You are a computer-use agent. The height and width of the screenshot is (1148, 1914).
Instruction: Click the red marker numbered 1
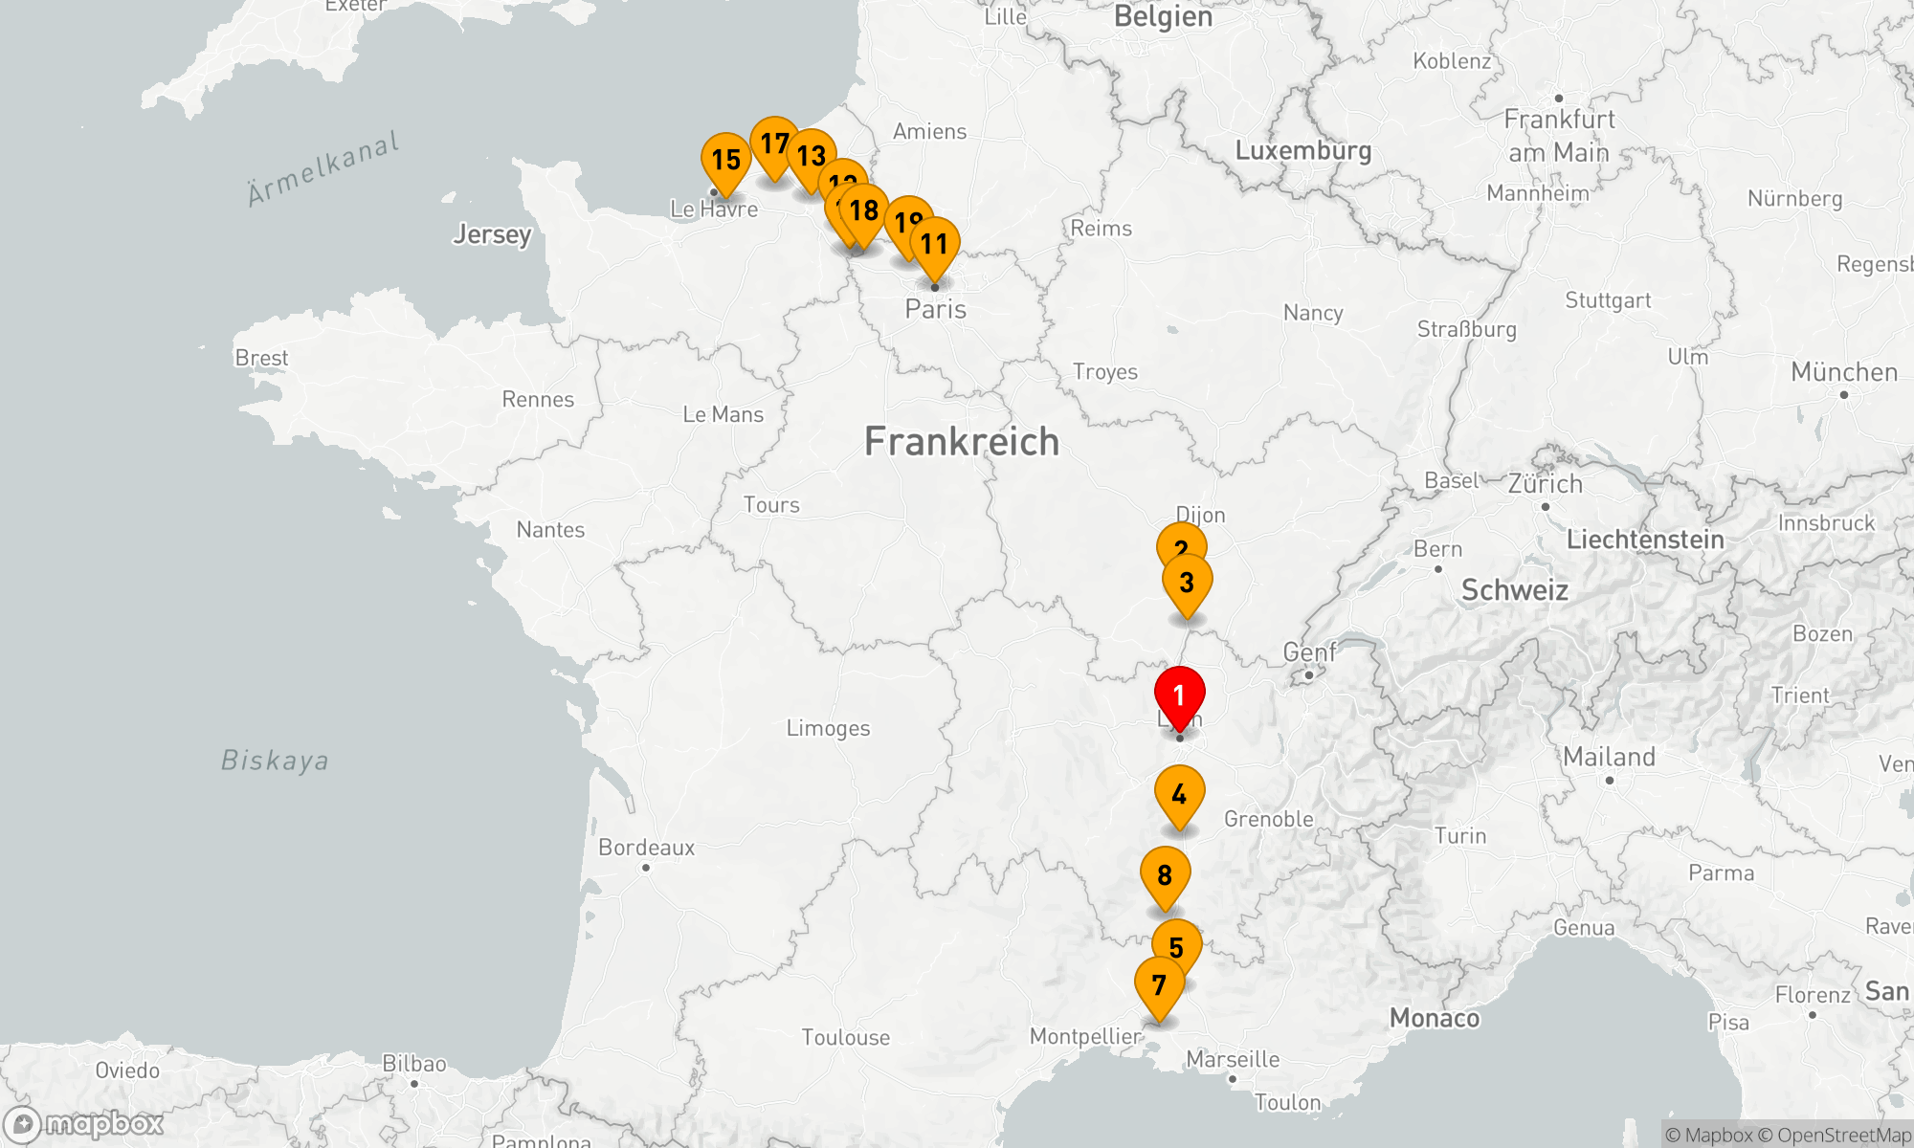point(1179,696)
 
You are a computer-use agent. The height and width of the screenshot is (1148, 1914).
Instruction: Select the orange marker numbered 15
point(725,161)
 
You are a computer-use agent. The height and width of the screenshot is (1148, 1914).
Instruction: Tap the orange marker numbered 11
point(934,245)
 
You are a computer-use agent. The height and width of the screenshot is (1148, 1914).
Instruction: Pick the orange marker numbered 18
point(864,211)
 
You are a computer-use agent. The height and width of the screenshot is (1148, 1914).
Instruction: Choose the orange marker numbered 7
point(1159,985)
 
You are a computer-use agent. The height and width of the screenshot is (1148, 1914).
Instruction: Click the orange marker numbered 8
point(1165,875)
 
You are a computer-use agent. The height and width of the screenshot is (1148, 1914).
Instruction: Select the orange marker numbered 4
point(1179,795)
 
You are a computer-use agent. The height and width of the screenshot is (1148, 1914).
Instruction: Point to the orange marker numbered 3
point(1187,583)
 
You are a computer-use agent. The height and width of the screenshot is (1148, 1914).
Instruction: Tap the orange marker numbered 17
point(774,144)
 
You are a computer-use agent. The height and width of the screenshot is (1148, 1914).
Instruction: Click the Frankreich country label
point(962,442)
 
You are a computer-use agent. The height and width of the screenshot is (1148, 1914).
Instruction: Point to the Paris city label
point(936,309)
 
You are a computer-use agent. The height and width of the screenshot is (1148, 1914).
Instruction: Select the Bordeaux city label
point(647,848)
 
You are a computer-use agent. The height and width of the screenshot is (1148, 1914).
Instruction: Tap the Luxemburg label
point(1303,150)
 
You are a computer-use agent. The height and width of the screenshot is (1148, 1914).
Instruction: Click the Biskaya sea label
point(275,761)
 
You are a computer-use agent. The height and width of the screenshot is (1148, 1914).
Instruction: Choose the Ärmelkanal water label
point(323,169)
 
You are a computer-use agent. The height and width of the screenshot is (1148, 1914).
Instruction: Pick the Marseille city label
point(1233,1059)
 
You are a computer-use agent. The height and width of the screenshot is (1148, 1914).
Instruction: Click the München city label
point(1844,372)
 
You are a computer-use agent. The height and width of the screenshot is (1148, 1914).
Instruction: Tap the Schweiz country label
point(1514,590)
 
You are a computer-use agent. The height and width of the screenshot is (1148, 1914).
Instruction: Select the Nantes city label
point(550,530)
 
